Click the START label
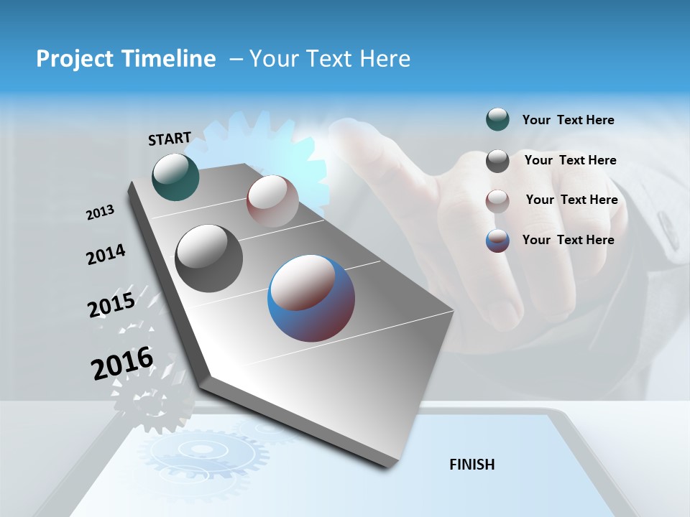click(170, 139)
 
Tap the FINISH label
click(472, 465)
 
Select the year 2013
click(101, 213)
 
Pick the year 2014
click(106, 255)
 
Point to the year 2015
click(111, 305)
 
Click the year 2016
click(122, 363)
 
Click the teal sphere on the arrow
click(175, 177)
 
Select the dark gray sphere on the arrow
click(208, 258)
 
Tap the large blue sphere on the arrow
click(311, 298)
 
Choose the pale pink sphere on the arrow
click(272, 201)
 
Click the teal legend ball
click(497, 120)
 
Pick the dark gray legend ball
click(497, 161)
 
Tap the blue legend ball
click(497, 241)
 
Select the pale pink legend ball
click(497, 201)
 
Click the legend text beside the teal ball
click(568, 121)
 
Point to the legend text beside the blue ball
click(568, 240)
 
